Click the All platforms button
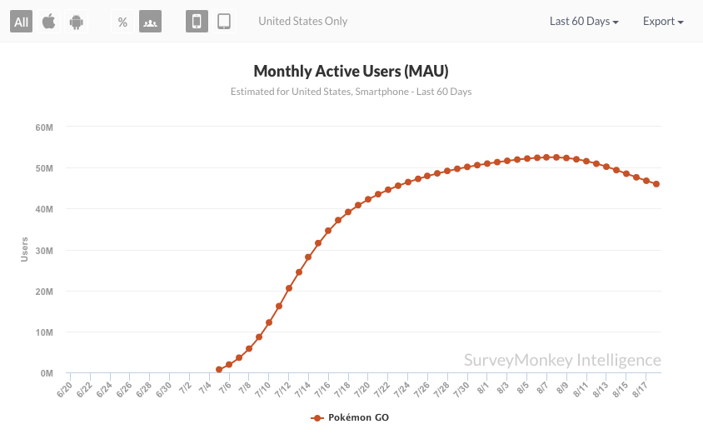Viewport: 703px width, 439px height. [x=22, y=22]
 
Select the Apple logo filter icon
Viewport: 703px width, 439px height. [x=49, y=22]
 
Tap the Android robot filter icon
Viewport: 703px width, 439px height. [x=77, y=22]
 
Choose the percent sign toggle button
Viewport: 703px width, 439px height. [x=122, y=22]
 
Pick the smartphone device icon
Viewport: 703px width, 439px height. [x=197, y=22]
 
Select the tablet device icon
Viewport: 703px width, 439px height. [x=224, y=22]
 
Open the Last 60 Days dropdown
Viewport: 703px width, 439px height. [x=584, y=22]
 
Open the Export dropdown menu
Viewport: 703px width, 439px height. [x=663, y=22]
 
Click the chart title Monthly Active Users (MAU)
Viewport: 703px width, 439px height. [x=351, y=71]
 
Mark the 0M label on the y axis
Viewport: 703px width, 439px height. [x=46, y=373]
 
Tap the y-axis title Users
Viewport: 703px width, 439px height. [x=25, y=250]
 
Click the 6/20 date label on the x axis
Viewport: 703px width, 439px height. [x=64, y=389]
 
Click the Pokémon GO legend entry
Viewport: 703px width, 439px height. [x=350, y=418]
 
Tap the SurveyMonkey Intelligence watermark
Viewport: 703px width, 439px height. [x=562, y=360]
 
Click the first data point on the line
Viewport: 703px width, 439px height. [x=219, y=369]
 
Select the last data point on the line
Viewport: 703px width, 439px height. [x=656, y=184]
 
